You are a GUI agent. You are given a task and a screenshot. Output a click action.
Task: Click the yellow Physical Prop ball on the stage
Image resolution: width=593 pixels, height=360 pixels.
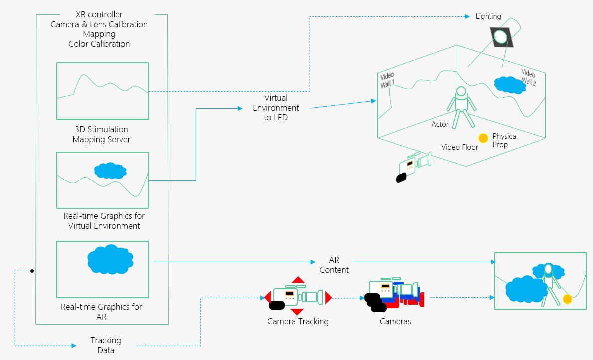(x=483, y=138)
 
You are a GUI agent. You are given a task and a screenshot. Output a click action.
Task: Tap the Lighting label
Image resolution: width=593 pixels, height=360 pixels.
(x=488, y=16)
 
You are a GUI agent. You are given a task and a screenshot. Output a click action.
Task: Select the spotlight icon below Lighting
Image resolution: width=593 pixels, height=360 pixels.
(x=499, y=36)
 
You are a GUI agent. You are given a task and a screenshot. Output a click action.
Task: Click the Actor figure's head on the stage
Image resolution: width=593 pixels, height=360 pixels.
(x=461, y=92)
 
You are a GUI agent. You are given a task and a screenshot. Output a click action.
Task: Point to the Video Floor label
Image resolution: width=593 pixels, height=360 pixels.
(x=460, y=147)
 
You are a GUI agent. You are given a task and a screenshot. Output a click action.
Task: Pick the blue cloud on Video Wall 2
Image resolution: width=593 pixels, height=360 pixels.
(x=510, y=85)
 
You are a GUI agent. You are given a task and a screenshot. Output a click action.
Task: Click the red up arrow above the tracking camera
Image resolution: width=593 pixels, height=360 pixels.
(x=298, y=280)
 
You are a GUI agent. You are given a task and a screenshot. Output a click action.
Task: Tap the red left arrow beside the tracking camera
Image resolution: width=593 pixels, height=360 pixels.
(x=267, y=297)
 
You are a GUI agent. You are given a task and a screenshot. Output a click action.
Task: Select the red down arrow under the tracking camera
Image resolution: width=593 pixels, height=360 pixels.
(x=297, y=312)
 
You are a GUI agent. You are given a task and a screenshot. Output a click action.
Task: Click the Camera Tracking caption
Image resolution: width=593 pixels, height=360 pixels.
(x=298, y=321)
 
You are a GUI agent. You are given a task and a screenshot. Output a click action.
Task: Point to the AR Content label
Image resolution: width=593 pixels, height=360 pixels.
(x=334, y=265)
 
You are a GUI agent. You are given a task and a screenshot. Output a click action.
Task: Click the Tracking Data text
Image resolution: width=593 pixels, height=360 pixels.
(x=106, y=345)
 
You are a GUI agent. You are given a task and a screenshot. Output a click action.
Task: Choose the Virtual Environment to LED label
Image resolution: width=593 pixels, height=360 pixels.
(x=276, y=108)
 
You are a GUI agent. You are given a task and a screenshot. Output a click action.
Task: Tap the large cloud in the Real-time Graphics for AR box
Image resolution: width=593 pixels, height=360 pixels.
(x=110, y=259)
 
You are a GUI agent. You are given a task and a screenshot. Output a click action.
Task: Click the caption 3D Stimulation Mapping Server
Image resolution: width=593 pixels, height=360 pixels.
(x=101, y=135)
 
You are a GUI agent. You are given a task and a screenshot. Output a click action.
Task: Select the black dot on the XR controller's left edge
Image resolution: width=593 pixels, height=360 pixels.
(x=32, y=271)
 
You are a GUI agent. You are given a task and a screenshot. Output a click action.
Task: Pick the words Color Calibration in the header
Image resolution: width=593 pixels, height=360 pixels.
(x=99, y=44)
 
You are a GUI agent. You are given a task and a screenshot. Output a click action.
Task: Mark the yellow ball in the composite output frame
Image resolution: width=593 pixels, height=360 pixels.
(x=567, y=299)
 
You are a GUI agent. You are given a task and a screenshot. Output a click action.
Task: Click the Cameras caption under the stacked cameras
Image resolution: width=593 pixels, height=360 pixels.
(x=395, y=321)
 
